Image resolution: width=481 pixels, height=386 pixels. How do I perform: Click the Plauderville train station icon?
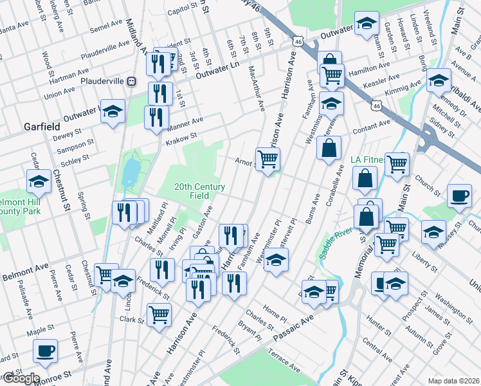pyautogui.click(x=132, y=82)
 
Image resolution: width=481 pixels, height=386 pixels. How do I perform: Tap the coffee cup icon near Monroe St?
pyautogui.click(x=46, y=351)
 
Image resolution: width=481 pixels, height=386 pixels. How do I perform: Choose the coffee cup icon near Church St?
pyautogui.click(x=459, y=196)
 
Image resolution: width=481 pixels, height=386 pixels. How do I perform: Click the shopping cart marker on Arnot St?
pyautogui.click(x=268, y=158)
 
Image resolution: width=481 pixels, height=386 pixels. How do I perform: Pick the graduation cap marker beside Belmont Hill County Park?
pyautogui.click(x=39, y=182)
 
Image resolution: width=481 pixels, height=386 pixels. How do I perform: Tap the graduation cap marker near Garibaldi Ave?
pyautogui.click(x=439, y=80)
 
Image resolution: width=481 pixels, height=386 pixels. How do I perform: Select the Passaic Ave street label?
pyautogui.click(x=293, y=327)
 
